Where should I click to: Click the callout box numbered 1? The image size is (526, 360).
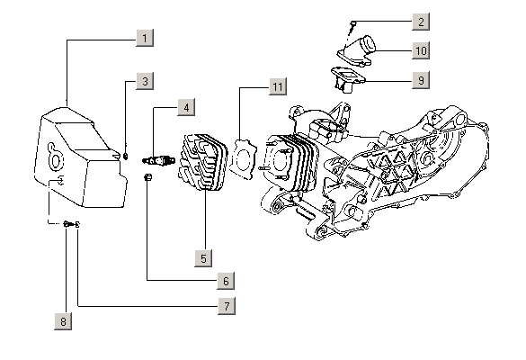tap(145, 38)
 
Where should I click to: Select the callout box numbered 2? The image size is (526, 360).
tap(421, 22)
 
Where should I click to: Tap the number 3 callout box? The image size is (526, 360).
tap(145, 81)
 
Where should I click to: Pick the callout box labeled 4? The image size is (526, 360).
tap(186, 107)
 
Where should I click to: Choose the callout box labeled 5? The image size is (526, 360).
tap(203, 258)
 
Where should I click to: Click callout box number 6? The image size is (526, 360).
tap(226, 281)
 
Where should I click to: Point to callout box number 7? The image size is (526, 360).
tap(227, 306)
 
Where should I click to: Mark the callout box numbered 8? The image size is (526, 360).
tap(63, 321)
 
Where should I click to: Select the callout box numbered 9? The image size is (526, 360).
tap(421, 80)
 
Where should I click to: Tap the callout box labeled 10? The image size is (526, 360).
tap(421, 50)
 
